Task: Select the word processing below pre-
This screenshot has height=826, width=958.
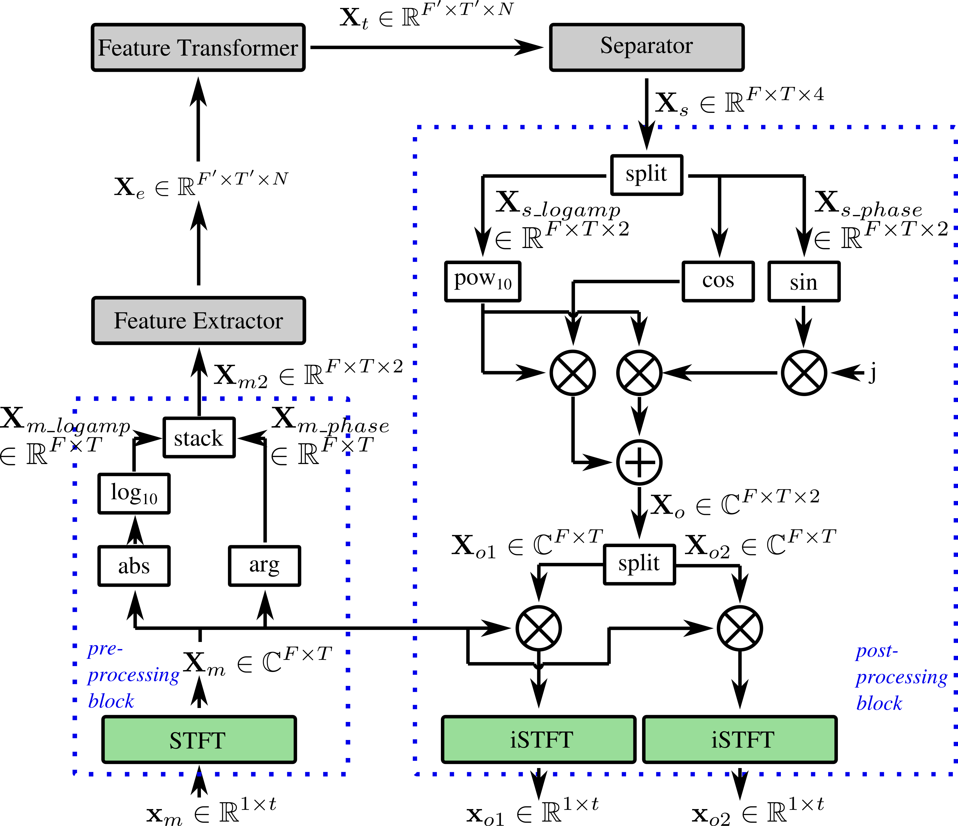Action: pos(134,675)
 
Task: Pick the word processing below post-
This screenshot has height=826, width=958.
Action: pos(901,677)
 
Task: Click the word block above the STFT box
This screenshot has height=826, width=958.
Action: pos(111,701)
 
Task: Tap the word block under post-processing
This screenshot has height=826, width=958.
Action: pos(879,703)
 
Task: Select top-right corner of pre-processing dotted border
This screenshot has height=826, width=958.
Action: pos(348,399)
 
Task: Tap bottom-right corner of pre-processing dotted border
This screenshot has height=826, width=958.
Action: pos(348,774)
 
